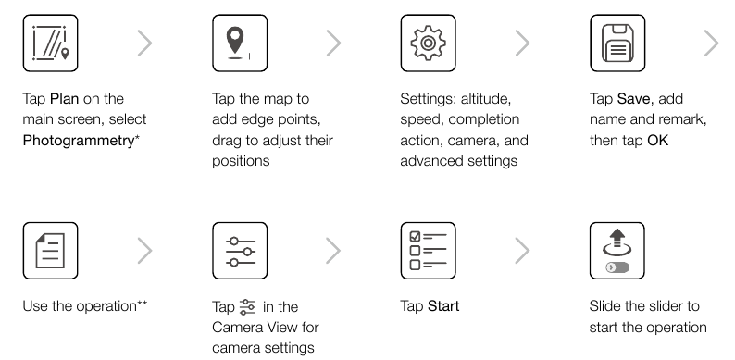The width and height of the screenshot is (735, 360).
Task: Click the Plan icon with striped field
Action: (50, 43)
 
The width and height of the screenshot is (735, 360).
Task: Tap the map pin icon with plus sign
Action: (240, 43)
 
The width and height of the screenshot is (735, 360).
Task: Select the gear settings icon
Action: (428, 43)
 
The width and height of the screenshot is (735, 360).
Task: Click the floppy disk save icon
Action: (617, 43)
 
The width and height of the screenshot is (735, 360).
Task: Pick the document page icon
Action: (50, 251)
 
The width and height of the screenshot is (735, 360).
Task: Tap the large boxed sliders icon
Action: (240, 251)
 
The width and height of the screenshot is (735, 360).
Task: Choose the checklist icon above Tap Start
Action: (428, 251)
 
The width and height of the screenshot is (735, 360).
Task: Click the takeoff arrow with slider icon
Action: (617, 251)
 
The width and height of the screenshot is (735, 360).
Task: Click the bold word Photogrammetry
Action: (79, 141)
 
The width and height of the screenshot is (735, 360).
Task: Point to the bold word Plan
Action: (64, 99)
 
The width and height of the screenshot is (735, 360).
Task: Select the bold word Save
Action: (633, 99)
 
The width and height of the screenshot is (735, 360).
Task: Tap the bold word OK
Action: (657, 140)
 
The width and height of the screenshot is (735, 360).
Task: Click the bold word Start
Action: (443, 306)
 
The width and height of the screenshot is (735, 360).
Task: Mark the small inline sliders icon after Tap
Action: (247, 307)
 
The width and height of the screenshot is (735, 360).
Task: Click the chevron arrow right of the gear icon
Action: (523, 43)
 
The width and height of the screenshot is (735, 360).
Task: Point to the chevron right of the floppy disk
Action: (712, 43)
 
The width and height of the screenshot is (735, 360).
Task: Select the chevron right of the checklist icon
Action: (523, 251)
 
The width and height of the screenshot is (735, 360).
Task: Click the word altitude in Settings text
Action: (486, 99)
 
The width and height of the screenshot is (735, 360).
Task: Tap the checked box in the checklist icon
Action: (416, 236)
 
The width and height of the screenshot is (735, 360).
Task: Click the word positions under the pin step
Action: (241, 161)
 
